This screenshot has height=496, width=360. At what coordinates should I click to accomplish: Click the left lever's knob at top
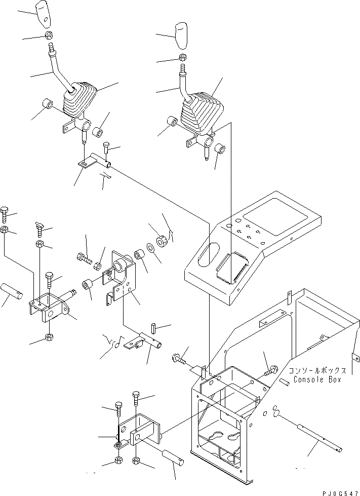(44, 13)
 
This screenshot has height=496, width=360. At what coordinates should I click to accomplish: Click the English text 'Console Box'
(316, 379)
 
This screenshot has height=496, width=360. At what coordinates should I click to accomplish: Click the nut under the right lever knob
(182, 57)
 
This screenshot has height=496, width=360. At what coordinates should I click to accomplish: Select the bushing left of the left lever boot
(48, 105)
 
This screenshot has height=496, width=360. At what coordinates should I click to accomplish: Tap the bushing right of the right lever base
(221, 148)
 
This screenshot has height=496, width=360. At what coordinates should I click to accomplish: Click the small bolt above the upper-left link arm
(106, 147)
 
